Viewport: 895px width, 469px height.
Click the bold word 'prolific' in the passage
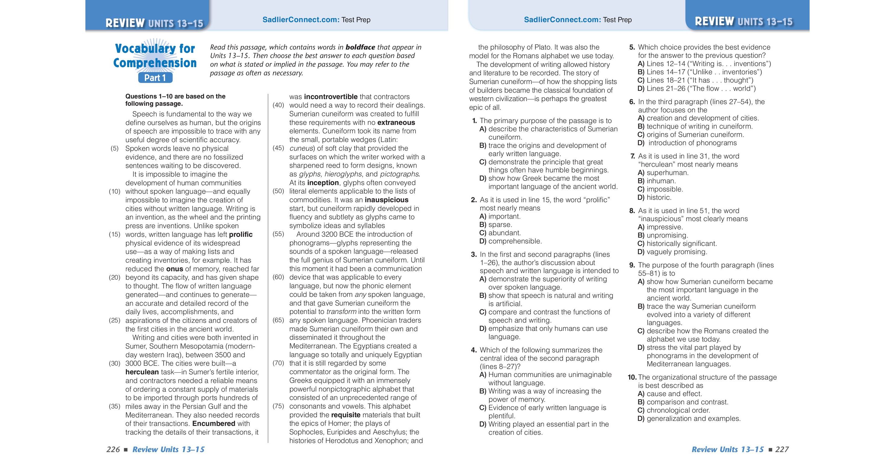[241, 234]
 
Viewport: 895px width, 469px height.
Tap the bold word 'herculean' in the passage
[142, 372]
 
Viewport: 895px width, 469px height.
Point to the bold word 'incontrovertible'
[330, 97]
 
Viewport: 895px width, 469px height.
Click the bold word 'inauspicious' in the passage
[386, 200]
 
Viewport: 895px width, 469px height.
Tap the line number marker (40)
[278, 105]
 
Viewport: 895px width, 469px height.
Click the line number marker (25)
[114, 320]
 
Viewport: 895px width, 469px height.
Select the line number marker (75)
[278, 406]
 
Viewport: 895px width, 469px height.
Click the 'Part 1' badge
[155, 78]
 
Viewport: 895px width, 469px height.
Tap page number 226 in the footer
[113, 450]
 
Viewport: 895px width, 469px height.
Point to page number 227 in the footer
[782, 450]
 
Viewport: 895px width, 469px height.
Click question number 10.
[632, 377]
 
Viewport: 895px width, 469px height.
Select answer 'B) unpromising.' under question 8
[663, 235]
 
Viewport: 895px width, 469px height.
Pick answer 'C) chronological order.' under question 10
[673, 410]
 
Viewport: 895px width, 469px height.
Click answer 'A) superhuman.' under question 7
[663, 173]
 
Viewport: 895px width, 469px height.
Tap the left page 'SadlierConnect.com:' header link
[301, 20]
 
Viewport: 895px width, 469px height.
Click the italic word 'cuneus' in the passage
[301, 149]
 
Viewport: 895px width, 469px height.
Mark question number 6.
[632, 102]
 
